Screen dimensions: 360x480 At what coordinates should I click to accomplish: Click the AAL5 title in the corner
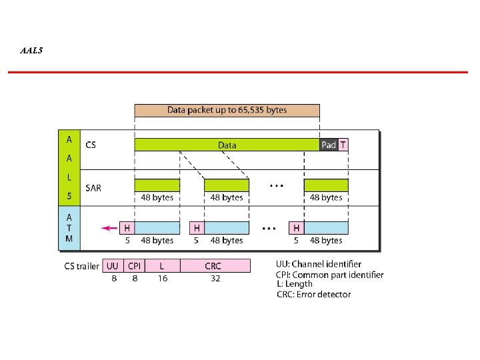pos(31,50)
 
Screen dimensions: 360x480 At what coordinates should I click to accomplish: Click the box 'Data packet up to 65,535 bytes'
pos(227,110)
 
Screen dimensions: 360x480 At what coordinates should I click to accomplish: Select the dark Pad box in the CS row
pos(329,145)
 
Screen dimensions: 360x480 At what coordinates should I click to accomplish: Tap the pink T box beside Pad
pos(343,145)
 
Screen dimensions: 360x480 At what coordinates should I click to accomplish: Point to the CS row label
pos(91,145)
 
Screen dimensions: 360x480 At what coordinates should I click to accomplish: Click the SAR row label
pos(93,188)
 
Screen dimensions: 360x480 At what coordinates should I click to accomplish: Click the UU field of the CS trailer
pos(113,266)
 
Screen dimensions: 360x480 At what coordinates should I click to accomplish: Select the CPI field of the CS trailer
pos(133,266)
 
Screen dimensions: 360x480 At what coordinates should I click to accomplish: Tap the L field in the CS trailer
pos(161,266)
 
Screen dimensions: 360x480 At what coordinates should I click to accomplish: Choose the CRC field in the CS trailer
pos(213,266)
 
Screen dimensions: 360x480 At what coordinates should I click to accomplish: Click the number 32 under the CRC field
pos(215,279)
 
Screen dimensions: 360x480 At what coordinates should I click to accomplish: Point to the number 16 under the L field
pos(163,279)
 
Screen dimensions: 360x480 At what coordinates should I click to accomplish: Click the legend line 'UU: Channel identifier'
pos(319,265)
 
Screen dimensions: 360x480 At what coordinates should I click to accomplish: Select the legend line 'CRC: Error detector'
pos(313,294)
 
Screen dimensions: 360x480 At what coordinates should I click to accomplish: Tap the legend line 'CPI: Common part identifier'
pos(329,275)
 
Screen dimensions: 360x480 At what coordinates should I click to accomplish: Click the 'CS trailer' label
pos(81,267)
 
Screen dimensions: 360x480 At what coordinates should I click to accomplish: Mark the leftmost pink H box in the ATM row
pos(127,228)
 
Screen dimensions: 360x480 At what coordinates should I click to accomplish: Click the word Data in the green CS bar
pos(227,145)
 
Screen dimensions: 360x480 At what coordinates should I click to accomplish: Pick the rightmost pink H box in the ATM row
pos(296,228)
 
